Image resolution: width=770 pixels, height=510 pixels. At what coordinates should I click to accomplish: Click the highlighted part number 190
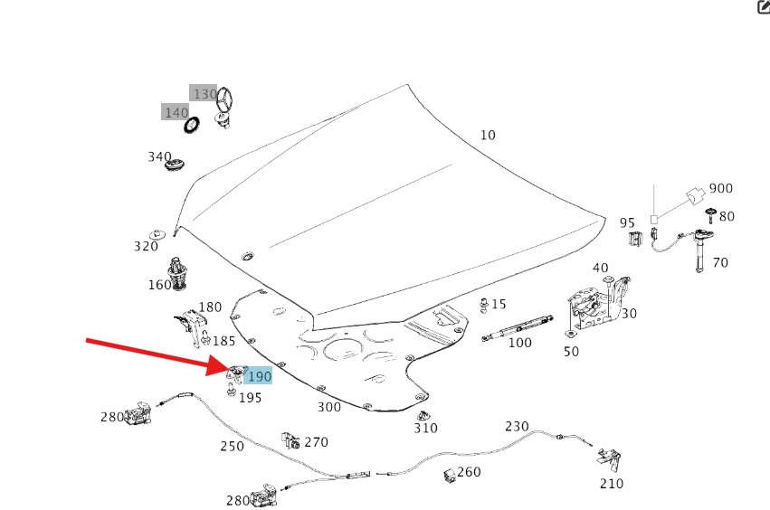coord(259,376)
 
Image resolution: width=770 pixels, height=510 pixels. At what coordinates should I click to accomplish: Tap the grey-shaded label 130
coord(204,94)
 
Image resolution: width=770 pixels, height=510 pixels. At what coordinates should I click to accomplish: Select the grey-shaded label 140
coord(176,112)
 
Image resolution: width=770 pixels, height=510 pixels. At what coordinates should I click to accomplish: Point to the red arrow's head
coord(224,367)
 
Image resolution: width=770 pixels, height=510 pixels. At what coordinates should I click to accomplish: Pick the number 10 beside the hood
coord(488,136)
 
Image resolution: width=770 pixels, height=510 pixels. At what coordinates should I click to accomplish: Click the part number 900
coord(721,189)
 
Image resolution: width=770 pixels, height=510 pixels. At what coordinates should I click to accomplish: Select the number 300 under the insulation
coord(329,408)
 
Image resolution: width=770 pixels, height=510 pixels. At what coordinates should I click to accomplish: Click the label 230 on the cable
coord(517,427)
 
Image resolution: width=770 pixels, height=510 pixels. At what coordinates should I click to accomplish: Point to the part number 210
coord(612,484)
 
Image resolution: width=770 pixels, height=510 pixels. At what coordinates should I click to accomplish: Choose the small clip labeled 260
coord(450,475)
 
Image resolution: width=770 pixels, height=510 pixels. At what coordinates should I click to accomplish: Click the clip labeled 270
coord(291,442)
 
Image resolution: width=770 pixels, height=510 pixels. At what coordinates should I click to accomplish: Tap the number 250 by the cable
coord(233,446)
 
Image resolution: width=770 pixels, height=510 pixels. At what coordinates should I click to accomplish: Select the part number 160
coord(159,286)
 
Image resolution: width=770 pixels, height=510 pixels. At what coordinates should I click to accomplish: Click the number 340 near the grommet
coord(159,156)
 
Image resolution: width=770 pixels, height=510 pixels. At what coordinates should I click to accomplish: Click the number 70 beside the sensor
coord(720,263)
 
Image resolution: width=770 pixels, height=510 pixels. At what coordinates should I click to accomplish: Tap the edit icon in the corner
coord(762,7)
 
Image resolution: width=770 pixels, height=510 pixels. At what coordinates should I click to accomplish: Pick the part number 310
coord(425,429)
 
